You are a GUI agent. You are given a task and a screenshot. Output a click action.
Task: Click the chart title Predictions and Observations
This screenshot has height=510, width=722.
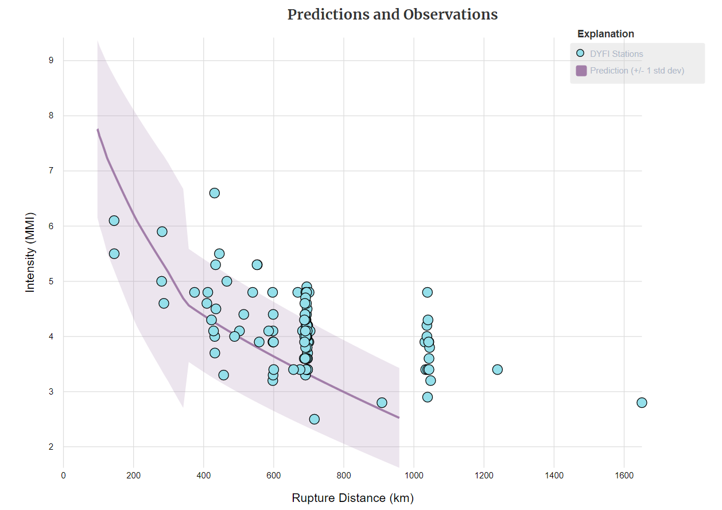pyautogui.click(x=393, y=14)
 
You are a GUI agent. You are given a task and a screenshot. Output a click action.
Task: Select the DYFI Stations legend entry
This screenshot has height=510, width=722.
pyautogui.click(x=616, y=54)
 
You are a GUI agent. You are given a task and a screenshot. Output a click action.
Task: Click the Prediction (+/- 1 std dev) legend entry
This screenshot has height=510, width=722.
pyautogui.click(x=636, y=71)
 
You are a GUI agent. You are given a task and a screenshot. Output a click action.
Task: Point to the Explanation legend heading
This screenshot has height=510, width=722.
pyautogui.click(x=605, y=34)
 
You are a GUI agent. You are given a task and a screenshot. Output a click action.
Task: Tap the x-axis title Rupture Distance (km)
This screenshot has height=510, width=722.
pyautogui.click(x=352, y=498)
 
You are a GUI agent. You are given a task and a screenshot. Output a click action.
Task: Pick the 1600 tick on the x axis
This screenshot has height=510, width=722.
pyautogui.click(x=624, y=475)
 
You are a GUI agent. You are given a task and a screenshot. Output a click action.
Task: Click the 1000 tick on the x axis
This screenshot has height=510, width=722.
pyautogui.click(x=414, y=475)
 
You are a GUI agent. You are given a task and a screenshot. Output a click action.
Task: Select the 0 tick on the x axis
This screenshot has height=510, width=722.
pyautogui.click(x=64, y=475)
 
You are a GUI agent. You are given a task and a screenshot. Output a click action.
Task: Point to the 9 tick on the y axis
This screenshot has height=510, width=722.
pyautogui.click(x=51, y=60)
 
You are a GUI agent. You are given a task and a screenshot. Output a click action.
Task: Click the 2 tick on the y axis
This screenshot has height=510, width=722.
pyautogui.click(x=51, y=447)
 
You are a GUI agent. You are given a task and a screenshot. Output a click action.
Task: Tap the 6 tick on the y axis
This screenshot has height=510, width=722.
pyautogui.click(x=51, y=226)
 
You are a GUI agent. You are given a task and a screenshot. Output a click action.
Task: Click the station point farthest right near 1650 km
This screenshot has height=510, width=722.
pyautogui.click(x=642, y=403)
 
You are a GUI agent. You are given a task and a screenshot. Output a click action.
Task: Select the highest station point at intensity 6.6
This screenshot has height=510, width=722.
pyautogui.click(x=214, y=193)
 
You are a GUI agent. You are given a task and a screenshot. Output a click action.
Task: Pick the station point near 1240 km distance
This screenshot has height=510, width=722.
pyautogui.click(x=498, y=369)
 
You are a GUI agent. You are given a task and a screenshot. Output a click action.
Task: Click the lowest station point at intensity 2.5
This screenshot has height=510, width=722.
pyautogui.click(x=314, y=419)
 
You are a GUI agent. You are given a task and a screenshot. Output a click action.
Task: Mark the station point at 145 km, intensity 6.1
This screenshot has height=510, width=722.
pyautogui.click(x=114, y=221)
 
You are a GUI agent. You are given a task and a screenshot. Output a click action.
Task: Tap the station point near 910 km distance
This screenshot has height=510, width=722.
pyautogui.click(x=382, y=403)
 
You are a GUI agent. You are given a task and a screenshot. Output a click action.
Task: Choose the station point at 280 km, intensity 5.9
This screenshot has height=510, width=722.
pyautogui.click(x=162, y=231)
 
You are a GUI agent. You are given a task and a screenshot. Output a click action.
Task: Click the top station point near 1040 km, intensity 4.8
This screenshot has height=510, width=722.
pyautogui.click(x=428, y=292)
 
